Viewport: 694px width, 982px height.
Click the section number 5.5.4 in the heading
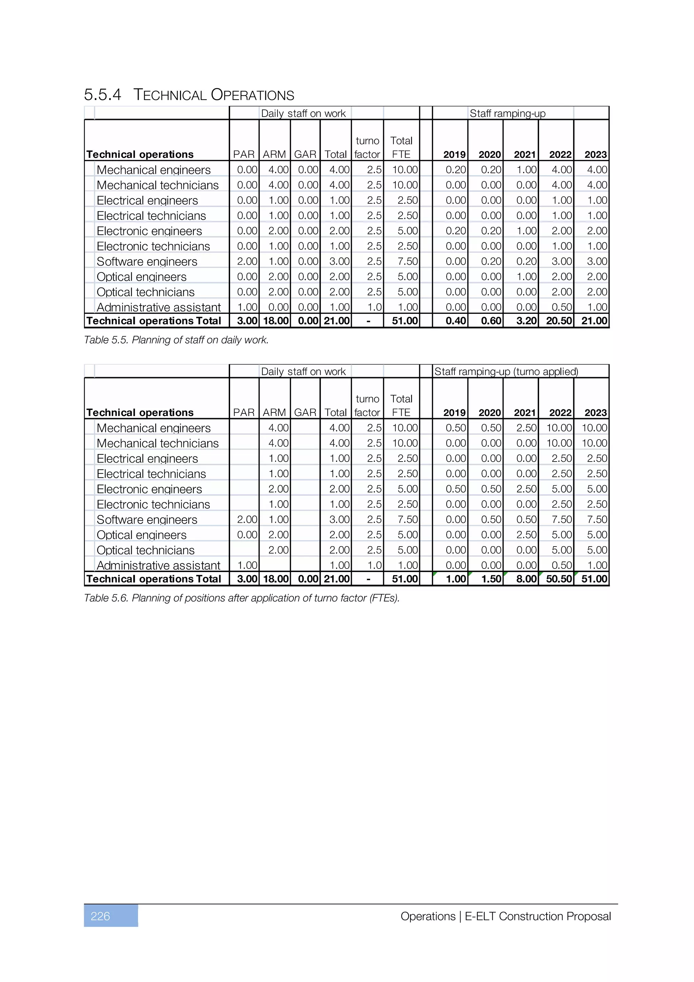point(103,95)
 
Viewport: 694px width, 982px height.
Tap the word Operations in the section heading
point(252,95)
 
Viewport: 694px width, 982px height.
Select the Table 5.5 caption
point(176,340)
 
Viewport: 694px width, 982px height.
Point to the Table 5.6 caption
point(242,598)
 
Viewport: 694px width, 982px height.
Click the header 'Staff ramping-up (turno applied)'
point(506,371)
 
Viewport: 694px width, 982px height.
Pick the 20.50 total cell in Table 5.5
point(558,321)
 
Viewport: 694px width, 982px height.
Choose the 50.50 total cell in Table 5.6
point(558,579)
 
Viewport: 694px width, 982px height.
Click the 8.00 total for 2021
point(526,579)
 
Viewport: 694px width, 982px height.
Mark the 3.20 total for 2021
point(526,321)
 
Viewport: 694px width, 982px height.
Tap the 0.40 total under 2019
point(455,321)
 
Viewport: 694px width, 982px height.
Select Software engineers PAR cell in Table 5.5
point(247,261)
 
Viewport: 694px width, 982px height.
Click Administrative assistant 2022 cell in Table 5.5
point(561,307)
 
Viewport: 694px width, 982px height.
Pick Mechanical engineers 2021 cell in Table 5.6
point(526,428)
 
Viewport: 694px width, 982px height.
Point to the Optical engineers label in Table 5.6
point(142,535)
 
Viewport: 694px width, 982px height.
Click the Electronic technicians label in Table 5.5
point(153,246)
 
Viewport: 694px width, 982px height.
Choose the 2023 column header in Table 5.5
point(595,155)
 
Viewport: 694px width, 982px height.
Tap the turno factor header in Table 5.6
point(367,406)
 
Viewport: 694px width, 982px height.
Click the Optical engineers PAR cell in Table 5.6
point(247,535)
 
